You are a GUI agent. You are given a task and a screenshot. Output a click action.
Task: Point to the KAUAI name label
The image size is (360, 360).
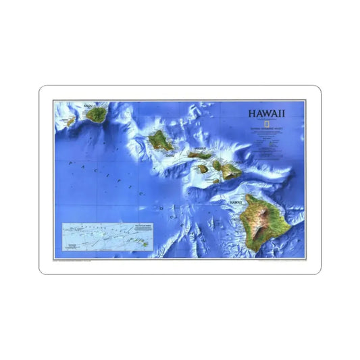pyautogui.click(x=87, y=105)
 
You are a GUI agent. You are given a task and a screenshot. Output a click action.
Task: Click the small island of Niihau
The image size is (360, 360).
pyautogui.click(x=68, y=122)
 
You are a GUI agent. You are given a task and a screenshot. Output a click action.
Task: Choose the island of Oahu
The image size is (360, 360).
pyautogui.click(x=159, y=141)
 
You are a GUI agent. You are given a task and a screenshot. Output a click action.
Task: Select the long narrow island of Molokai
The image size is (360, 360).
pyautogui.click(x=201, y=155)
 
